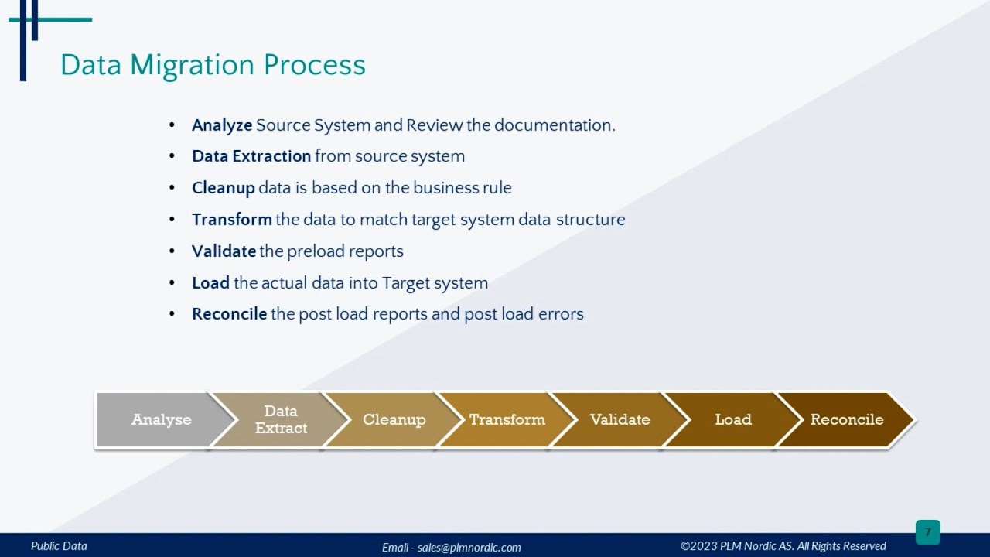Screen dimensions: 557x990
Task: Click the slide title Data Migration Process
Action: pyautogui.click(x=213, y=65)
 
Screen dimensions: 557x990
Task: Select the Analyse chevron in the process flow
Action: pyautogui.click(x=161, y=420)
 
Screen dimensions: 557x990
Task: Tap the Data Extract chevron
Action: pyautogui.click(x=281, y=420)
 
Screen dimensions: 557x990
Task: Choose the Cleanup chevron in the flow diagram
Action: pyautogui.click(x=394, y=420)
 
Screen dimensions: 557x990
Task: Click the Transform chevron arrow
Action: pyautogui.click(x=507, y=420)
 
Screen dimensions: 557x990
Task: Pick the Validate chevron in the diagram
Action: pyautogui.click(x=620, y=420)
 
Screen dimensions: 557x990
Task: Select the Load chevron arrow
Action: pyautogui.click(x=732, y=420)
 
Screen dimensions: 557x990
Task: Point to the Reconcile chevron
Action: pyautogui.click(x=846, y=420)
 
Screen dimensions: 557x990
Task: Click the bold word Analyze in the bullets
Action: pyautogui.click(x=222, y=125)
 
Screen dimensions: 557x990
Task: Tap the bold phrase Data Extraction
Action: pyautogui.click(x=251, y=156)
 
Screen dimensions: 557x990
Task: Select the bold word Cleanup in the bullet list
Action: pyautogui.click(x=224, y=188)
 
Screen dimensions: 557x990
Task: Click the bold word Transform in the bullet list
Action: pyautogui.click(x=232, y=220)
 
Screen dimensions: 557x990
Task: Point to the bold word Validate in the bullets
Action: pyautogui.click(x=224, y=251)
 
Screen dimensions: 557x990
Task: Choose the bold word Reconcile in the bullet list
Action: pyautogui.click(x=230, y=314)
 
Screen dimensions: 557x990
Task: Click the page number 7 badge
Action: pyautogui.click(x=927, y=532)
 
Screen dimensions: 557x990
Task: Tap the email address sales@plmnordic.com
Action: pyautogui.click(x=469, y=547)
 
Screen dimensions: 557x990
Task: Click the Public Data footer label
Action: pyautogui.click(x=59, y=546)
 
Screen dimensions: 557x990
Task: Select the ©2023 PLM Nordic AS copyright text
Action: pyautogui.click(x=783, y=546)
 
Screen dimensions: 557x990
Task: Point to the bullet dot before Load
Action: pyautogui.click(x=172, y=283)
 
